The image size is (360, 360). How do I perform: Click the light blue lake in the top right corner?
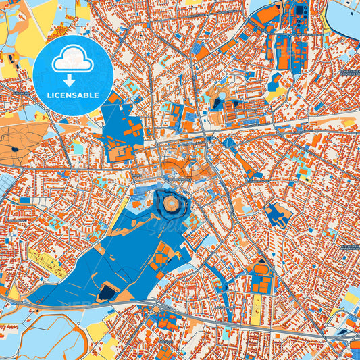point(344,20)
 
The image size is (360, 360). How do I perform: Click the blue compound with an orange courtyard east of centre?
point(278,215)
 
